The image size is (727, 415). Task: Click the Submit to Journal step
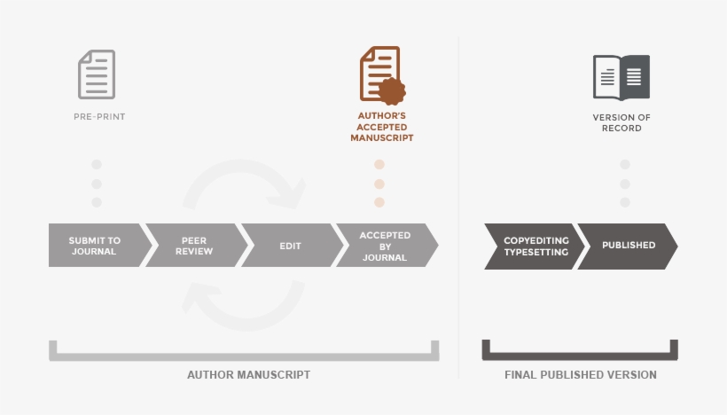click(95, 246)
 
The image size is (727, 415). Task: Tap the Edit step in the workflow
click(291, 246)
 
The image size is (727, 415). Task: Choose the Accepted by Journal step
click(385, 246)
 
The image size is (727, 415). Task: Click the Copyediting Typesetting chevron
click(529, 246)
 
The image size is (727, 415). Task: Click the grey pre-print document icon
click(97, 74)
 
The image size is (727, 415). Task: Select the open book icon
click(621, 77)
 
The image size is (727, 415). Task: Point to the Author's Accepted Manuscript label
click(381, 127)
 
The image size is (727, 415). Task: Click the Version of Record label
click(622, 122)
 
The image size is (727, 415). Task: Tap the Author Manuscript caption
click(248, 375)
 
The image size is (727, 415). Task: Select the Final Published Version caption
click(581, 375)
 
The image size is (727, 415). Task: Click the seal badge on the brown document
click(391, 90)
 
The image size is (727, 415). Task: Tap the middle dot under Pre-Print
click(97, 184)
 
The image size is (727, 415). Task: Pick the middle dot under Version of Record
click(624, 184)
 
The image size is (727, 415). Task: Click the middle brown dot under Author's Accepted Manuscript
click(379, 184)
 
